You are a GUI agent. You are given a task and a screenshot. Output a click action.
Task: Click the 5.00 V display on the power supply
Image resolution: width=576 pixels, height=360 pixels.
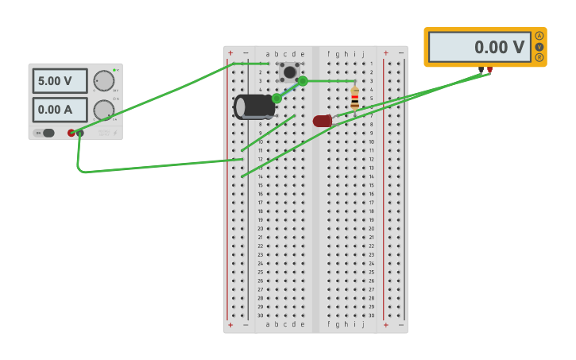[60, 81]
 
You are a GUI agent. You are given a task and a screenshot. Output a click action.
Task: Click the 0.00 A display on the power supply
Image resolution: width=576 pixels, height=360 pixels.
[60, 110]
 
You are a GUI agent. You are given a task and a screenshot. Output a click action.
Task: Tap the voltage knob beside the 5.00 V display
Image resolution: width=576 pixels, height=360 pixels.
[103, 81]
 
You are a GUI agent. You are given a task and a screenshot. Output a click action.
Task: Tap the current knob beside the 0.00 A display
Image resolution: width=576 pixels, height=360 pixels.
[103, 110]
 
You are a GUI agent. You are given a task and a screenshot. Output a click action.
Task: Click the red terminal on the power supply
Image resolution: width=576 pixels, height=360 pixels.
[72, 133]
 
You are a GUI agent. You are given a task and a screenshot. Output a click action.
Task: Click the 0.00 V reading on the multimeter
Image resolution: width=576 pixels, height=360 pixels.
[480, 48]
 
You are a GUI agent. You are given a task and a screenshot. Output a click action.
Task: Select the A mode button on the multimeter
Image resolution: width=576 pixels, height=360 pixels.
[539, 36]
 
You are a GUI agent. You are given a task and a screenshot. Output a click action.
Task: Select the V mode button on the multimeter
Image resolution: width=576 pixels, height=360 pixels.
[539, 47]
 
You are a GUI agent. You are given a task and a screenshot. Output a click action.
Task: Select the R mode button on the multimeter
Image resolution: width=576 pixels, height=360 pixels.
[539, 57]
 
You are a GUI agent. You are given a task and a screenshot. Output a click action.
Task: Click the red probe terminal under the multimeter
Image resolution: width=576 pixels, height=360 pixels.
[489, 70]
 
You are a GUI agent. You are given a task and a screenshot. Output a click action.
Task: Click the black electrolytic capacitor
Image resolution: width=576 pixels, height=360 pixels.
[254, 106]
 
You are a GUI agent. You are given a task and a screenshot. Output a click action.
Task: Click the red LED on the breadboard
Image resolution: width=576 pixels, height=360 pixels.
[322, 121]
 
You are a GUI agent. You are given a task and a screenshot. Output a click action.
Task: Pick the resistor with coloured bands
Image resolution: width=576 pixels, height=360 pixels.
[354, 99]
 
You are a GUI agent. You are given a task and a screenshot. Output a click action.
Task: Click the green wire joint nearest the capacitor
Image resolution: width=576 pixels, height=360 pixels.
[276, 99]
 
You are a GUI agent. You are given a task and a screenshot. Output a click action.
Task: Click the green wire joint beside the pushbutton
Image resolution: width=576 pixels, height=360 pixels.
[303, 81]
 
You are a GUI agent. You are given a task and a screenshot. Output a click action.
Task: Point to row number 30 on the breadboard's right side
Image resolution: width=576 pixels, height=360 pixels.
[371, 315]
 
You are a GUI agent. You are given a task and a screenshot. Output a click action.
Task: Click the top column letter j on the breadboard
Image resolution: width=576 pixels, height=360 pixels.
[363, 54]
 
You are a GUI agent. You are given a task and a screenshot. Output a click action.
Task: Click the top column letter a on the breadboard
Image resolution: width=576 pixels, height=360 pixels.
[268, 54]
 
